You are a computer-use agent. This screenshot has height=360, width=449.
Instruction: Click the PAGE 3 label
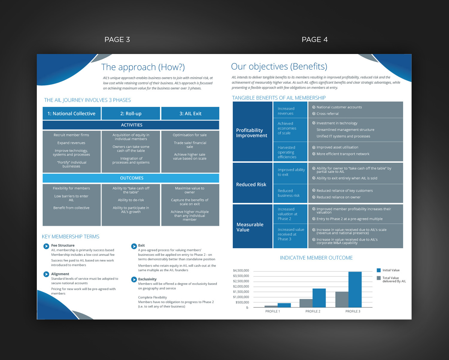click(x=117, y=40)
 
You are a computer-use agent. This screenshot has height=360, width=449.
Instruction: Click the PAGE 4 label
click(x=314, y=40)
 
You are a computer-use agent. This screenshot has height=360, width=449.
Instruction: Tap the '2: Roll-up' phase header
click(x=131, y=113)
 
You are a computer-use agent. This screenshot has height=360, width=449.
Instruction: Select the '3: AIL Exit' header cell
click(x=190, y=113)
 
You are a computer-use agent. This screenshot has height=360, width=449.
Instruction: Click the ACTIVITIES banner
click(x=131, y=125)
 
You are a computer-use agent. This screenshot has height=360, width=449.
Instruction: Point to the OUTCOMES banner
click(x=131, y=178)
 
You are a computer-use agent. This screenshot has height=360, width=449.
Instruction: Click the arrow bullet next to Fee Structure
click(x=46, y=246)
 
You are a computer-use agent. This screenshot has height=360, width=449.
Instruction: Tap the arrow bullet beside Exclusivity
click(x=134, y=280)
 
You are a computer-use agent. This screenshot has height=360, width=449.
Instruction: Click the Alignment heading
click(x=60, y=274)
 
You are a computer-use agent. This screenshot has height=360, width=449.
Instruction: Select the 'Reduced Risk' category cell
click(x=252, y=183)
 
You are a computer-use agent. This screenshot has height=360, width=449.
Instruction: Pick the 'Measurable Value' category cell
click(x=252, y=226)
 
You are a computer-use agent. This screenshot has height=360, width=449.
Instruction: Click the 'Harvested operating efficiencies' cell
click(x=290, y=152)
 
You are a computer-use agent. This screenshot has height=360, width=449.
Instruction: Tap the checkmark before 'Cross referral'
click(x=314, y=114)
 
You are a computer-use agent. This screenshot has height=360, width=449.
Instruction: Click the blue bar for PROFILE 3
click(x=355, y=289)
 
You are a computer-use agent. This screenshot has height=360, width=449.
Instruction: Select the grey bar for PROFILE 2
click(x=306, y=303)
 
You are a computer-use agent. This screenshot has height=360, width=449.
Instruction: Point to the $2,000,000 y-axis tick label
click(x=241, y=286)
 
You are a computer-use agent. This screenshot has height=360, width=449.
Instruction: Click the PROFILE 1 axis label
click(x=272, y=311)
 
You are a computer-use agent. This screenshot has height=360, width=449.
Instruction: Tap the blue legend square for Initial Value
click(x=379, y=270)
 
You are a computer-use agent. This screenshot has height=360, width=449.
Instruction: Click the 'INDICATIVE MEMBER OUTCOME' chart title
click(x=316, y=258)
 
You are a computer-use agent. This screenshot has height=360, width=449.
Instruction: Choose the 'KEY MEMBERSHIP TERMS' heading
click(x=71, y=237)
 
